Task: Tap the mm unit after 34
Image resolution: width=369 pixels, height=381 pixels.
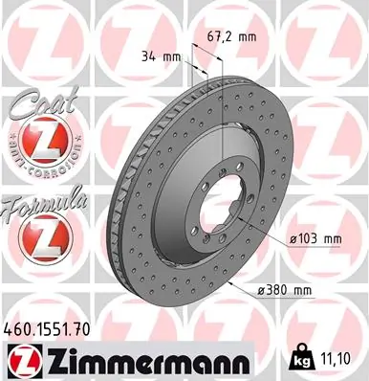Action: (x=172, y=56)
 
